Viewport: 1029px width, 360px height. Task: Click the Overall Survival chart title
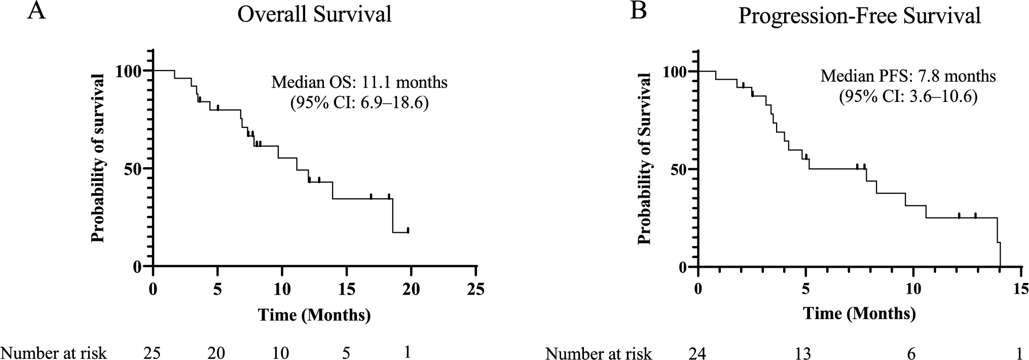314,15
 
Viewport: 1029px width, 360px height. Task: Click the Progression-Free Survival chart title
859,16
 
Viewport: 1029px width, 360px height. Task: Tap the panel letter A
36,11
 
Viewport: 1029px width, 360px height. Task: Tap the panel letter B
638,11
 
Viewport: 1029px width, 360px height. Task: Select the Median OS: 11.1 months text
359,82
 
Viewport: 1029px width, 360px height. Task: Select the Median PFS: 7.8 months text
908,77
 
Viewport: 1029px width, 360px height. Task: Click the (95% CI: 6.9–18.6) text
359,103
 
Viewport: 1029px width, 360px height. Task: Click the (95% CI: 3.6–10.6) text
908,97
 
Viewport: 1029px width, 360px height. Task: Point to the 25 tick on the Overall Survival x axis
475,290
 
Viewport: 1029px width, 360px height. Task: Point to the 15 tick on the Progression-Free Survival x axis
1021,290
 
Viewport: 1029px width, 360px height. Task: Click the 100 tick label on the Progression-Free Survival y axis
676,71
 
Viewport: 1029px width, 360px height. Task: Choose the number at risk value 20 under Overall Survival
216,353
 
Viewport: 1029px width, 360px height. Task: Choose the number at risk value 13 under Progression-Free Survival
803,353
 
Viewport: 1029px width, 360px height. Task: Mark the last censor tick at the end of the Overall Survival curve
408,230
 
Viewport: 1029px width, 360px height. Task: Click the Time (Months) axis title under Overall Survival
314,315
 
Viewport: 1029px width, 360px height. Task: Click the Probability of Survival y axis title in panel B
645,158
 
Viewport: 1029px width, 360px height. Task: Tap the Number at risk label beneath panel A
53,353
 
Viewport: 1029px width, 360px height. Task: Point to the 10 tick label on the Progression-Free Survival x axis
913,290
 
